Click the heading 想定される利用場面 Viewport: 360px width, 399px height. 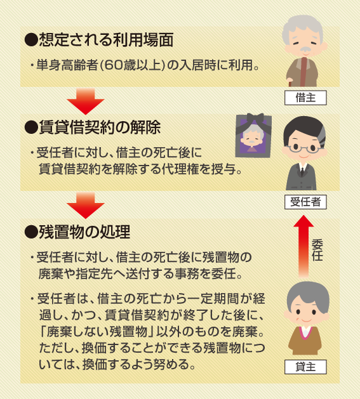click(106, 40)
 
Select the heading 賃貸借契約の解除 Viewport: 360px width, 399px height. click(100, 127)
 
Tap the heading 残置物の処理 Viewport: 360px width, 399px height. click(84, 232)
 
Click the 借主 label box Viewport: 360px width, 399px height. click(305, 98)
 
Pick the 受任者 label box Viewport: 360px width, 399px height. click(305, 202)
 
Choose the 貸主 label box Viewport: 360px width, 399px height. click(305, 367)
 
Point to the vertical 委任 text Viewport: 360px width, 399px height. click(317, 250)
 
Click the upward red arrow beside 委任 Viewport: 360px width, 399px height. click(303, 246)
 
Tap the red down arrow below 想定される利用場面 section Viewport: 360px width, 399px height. click(86, 101)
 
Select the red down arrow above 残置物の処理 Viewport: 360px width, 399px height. click(86, 206)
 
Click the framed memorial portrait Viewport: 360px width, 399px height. click(253, 136)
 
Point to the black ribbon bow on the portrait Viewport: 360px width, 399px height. click(255, 119)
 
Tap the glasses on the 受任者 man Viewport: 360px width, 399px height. click(303, 148)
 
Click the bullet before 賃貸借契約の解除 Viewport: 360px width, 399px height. click(31, 128)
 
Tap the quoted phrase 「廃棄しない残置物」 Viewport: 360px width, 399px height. click(97, 332)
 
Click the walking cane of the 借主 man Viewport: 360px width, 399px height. click(290, 83)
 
